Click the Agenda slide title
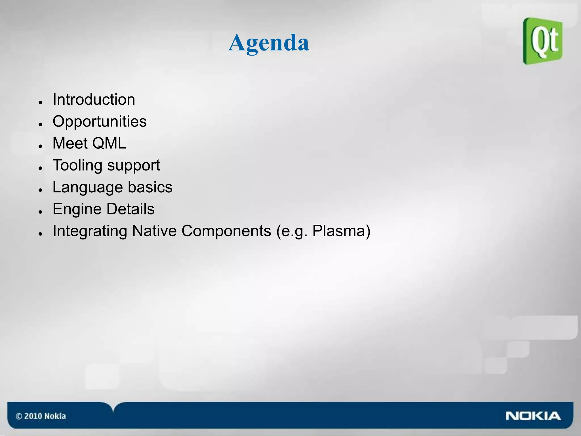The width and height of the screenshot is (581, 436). [x=268, y=43]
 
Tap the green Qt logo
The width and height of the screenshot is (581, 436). [x=543, y=41]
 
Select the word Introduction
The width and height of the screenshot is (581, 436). [x=94, y=100]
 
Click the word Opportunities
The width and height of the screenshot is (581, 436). [x=100, y=121]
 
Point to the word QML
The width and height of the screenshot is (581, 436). [x=109, y=143]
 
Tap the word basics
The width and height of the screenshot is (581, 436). [x=150, y=187]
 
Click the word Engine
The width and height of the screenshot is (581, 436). [x=77, y=209]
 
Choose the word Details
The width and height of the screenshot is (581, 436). [x=130, y=209]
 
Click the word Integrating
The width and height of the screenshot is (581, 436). [x=90, y=231]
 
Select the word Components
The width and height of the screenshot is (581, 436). [x=226, y=231]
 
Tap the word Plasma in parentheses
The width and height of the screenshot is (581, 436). [x=339, y=231]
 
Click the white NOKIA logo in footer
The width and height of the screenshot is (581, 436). [x=533, y=416]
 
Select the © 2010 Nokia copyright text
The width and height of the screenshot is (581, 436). [x=41, y=416]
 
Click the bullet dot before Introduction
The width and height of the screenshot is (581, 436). [x=41, y=102]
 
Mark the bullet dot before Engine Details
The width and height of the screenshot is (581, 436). [x=41, y=212]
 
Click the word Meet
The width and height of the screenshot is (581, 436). [x=70, y=143]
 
